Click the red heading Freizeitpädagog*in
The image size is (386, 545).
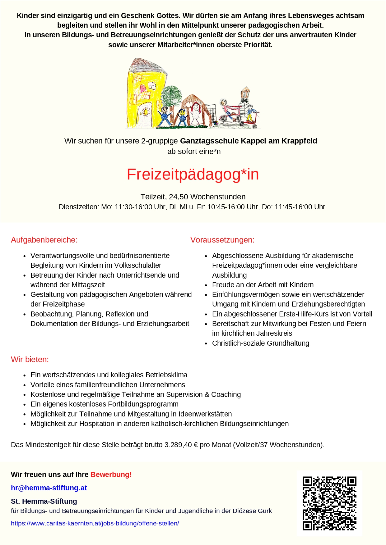193,174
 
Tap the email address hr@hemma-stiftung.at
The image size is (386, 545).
49,488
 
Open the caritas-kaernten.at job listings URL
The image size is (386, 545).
95,523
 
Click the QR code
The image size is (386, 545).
329,503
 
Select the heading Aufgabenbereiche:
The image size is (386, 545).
44,240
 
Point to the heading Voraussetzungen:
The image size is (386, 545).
222,240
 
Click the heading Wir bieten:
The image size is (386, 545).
30,359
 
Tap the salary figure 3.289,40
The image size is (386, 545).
178,445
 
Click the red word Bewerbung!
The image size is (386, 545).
111,475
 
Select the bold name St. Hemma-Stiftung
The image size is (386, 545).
44,501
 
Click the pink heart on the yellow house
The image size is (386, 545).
143,88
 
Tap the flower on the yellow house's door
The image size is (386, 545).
146,111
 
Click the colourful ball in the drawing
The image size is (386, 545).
216,124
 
